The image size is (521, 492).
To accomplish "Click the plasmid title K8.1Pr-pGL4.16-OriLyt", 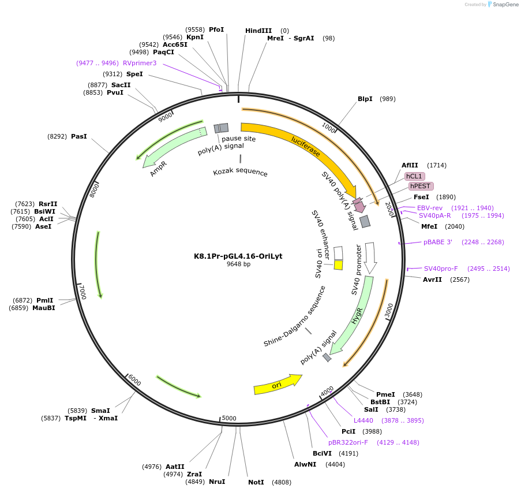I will tap(238, 256).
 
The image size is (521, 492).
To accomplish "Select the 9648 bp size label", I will tap(238, 264).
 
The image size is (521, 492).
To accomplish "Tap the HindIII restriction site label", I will tap(258, 31).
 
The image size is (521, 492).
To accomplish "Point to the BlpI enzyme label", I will tap(365, 99).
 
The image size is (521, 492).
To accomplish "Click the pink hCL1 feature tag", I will tap(414, 176).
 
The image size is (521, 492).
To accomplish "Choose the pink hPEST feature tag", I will tap(421, 186).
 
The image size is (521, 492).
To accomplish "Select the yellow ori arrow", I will tap(277, 385).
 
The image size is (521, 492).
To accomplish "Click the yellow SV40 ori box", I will tap(339, 265).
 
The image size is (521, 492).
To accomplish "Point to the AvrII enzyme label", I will tap(432, 279).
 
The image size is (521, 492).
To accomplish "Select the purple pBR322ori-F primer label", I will tap(348, 442).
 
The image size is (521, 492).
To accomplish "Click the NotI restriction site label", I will tap(256, 482).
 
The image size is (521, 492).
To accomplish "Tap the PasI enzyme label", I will tap(78, 136).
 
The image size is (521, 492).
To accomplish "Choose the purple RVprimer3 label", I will tap(140, 63).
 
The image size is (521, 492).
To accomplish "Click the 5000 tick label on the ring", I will tap(229, 418).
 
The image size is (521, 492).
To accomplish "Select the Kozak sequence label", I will tap(240, 172).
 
